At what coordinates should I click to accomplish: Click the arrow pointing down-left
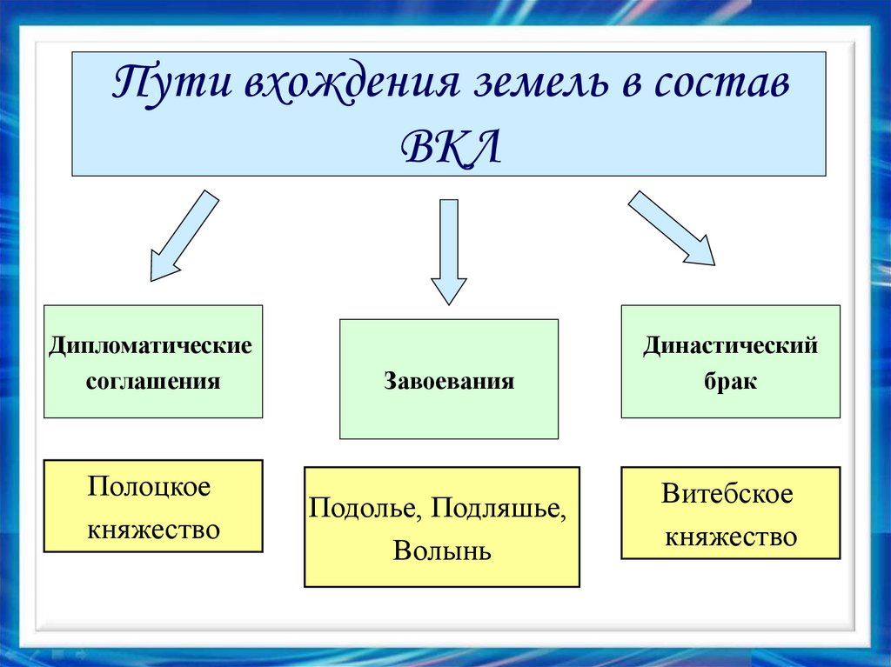coord(184,236)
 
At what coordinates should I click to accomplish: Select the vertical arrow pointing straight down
coord(449,252)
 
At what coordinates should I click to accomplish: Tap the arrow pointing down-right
coord(671,229)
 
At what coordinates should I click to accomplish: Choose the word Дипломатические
coord(151,345)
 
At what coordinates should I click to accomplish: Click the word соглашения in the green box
coord(152,381)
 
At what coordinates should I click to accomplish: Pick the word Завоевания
coord(449,381)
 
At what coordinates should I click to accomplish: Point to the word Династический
coord(731,345)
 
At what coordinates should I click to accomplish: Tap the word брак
coord(731,381)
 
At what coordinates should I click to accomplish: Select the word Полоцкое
coord(149,487)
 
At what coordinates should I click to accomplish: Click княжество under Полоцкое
coord(153,529)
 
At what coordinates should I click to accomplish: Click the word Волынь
coord(442,550)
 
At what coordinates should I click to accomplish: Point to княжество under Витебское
coord(731,536)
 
